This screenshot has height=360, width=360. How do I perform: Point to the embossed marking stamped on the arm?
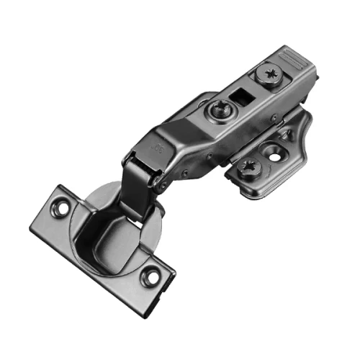157,148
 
